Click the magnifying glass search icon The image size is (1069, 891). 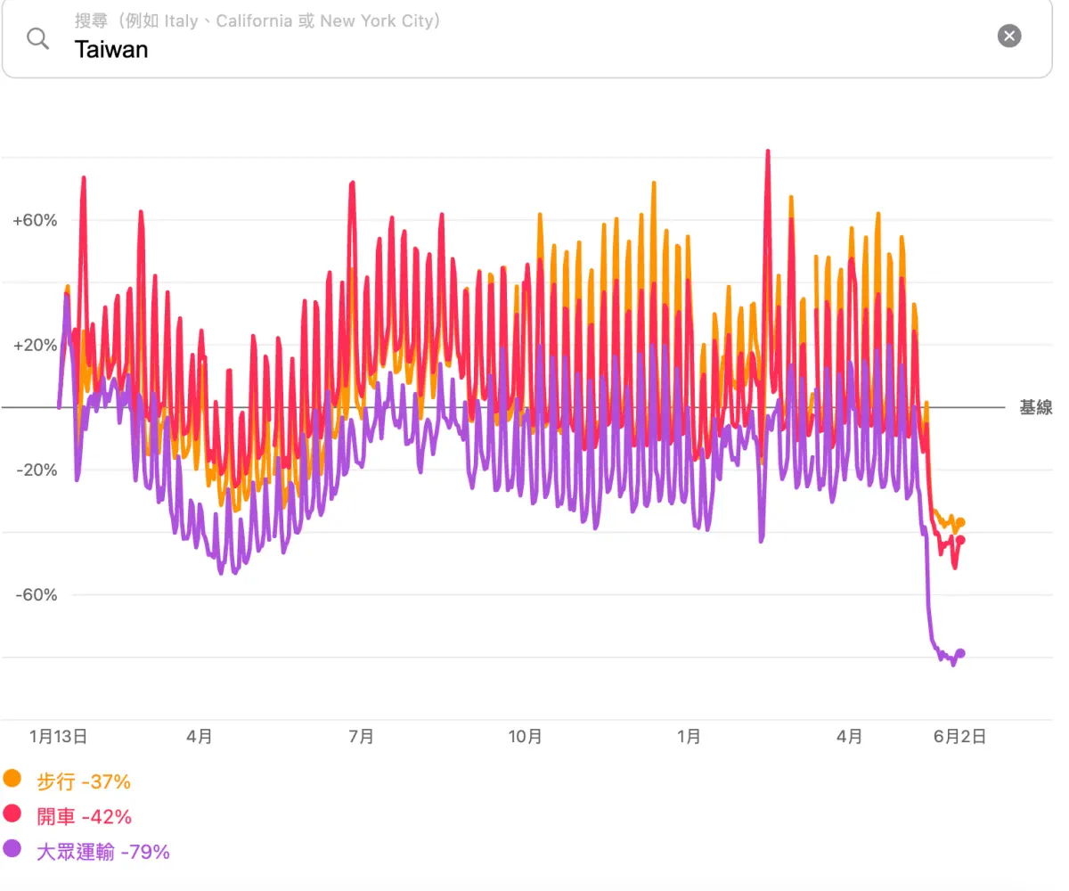(x=38, y=38)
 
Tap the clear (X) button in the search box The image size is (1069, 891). (x=1008, y=36)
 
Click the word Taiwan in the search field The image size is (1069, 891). (x=111, y=50)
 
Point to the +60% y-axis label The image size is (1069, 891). (x=35, y=220)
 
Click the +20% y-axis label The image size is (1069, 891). (x=35, y=345)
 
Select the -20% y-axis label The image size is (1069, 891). (x=37, y=470)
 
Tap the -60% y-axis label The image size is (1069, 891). (x=37, y=594)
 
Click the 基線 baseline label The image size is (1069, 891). (x=1036, y=407)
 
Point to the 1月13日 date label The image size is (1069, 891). (x=58, y=736)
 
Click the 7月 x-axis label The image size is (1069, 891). (x=361, y=736)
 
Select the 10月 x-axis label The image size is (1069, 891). (x=525, y=736)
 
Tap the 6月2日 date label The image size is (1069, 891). (x=959, y=736)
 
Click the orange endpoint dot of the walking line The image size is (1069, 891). (x=960, y=522)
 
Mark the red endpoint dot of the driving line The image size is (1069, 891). (x=960, y=540)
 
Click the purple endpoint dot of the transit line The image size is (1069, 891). (x=960, y=653)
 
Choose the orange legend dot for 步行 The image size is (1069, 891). (x=12, y=779)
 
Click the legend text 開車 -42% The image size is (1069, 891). (x=84, y=817)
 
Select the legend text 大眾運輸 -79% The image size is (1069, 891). (x=103, y=852)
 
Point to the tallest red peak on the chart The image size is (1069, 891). (x=767, y=151)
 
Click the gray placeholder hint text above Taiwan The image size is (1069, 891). (x=257, y=21)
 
